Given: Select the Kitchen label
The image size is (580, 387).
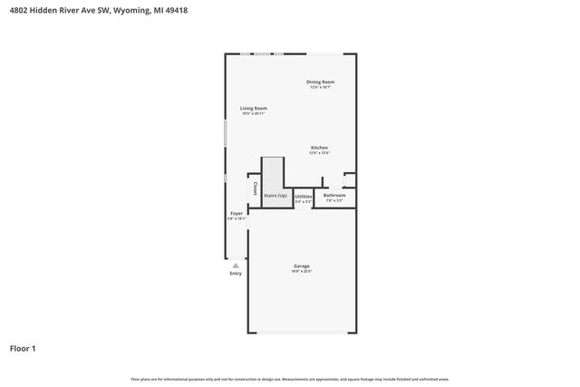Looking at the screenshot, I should click(319, 148).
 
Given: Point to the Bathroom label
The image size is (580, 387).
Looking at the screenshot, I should click(334, 195).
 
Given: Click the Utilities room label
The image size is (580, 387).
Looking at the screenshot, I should click(304, 196).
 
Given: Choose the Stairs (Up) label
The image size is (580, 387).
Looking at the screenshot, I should click(275, 195).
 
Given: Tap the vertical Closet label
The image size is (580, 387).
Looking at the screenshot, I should click(256, 189).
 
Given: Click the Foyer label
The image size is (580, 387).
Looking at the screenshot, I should click(237, 213).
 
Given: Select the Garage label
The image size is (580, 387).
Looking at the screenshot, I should click(301, 266).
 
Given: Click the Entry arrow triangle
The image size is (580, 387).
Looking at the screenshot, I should click(236, 266).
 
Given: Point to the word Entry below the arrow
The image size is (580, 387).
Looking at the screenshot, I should click(236, 273).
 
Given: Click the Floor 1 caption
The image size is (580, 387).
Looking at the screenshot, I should click(23, 347).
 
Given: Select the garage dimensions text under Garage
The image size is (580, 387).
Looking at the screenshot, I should click(301, 271).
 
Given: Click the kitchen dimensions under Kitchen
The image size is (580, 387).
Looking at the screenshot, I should click(319, 153).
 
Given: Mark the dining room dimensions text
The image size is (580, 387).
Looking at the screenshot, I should click(321, 87).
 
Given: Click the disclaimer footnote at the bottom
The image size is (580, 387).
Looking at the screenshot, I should click(290, 379).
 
